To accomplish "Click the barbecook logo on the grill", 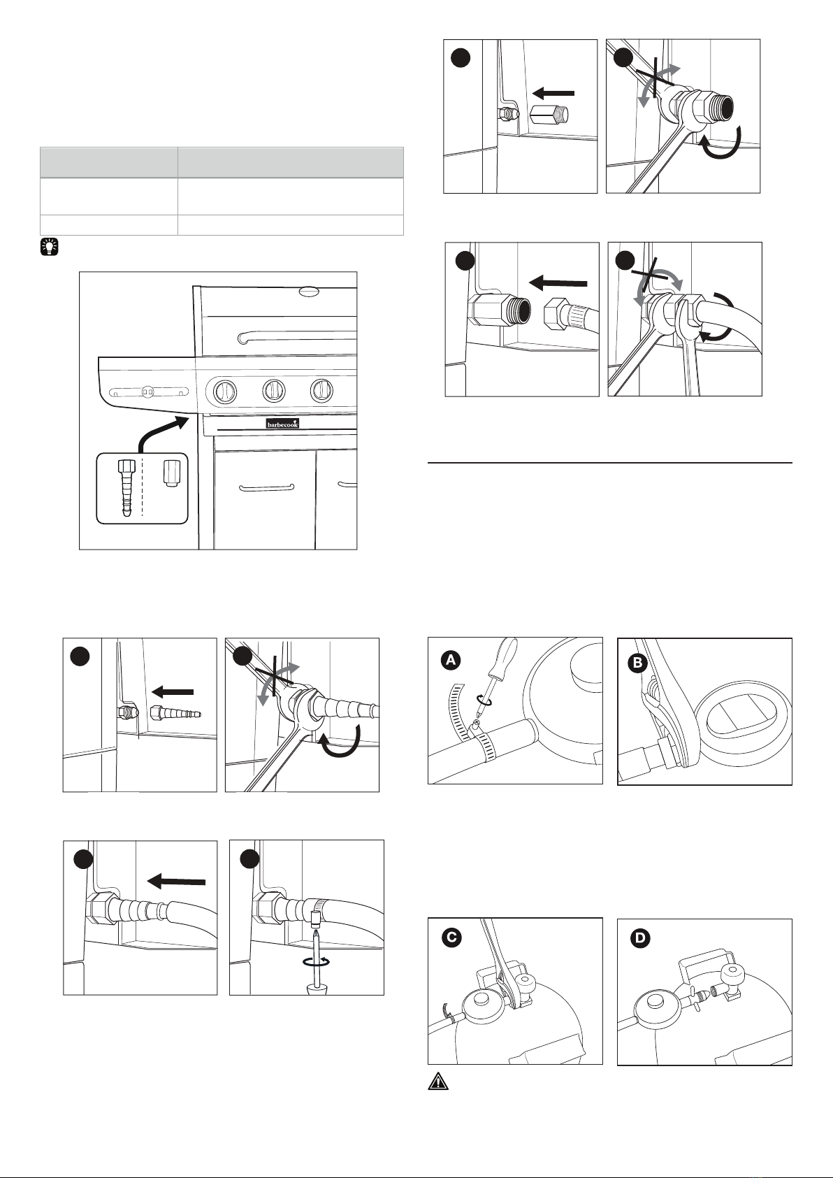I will pyautogui.click(x=282, y=423).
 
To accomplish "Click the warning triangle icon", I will pyautogui.click(x=437, y=1082).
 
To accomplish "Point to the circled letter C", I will pyautogui.click(x=452, y=938).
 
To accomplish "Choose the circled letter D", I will pyautogui.click(x=639, y=939).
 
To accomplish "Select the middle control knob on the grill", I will pyautogui.click(x=273, y=392).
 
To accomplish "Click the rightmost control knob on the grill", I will pyautogui.click(x=321, y=392).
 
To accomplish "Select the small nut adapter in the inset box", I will pyautogui.click(x=170, y=473).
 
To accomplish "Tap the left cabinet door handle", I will pyautogui.click(x=266, y=487).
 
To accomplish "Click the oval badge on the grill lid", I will pyautogui.click(x=307, y=292).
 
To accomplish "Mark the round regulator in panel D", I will pyautogui.click(x=653, y=1005).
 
